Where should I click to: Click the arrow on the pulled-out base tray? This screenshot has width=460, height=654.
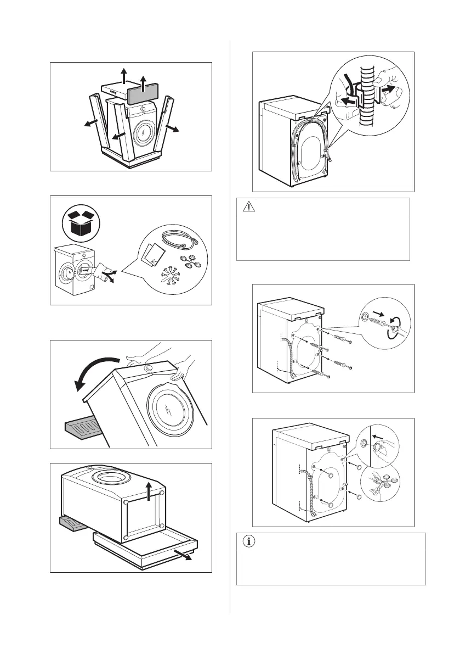click(x=185, y=554)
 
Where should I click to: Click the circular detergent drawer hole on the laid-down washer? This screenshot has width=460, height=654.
click(x=113, y=477)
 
